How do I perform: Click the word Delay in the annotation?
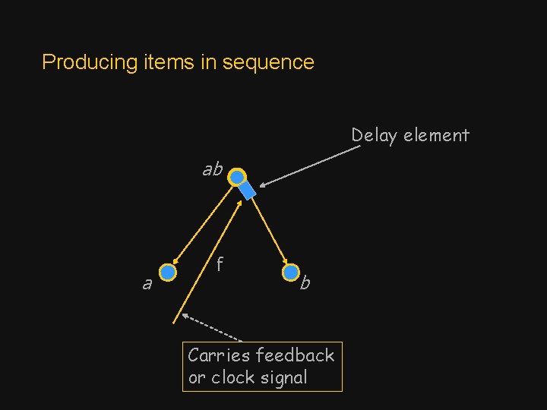pyautogui.click(x=375, y=136)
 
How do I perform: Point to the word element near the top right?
pyautogui.click(x=436, y=136)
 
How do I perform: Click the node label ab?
pyautogui.click(x=212, y=169)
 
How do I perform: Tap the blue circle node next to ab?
pyautogui.click(x=238, y=178)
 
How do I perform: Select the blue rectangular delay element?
pyautogui.click(x=248, y=191)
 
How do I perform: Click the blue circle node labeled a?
pyautogui.click(x=168, y=272)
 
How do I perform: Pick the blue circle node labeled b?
pyautogui.click(x=291, y=272)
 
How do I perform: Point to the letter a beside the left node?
pyautogui.click(x=147, y=284)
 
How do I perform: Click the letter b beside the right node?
pyautogui.click(x=305, y=284)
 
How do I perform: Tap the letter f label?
pyautogui.click(x=219, y=264)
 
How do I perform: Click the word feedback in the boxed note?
pyautogui.click(x=295, y=355)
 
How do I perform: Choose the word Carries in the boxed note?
pyautogui.click(x=219, y=355)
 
